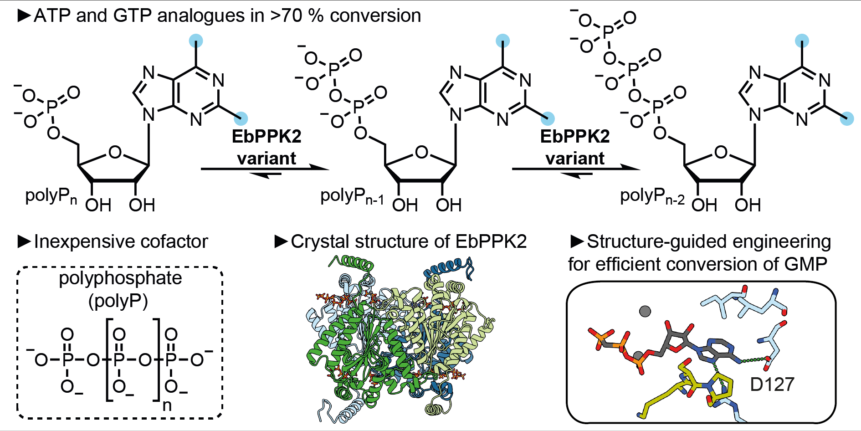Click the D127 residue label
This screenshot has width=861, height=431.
tap(772, 385)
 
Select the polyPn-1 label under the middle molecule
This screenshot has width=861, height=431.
tap(352, 196)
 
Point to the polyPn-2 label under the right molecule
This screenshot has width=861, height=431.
tap(652, 196)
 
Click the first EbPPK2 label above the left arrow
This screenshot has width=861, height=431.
tap(266, 136)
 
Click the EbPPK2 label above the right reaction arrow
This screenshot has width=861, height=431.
tap(574, 136)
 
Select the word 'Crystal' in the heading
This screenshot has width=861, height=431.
tap(315, 241)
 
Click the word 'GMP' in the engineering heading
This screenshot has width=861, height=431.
tap(805, 264)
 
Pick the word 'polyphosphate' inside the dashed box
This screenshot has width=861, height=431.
tap(120, 278)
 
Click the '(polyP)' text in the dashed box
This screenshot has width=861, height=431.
tap(118, 301)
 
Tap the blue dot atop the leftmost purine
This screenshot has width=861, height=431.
tap(196, 41)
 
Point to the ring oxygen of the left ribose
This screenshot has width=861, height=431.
tap(115, 152)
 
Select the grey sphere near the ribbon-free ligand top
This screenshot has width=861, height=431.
tap(645, 311)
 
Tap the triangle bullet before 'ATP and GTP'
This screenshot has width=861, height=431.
tap(24, 15)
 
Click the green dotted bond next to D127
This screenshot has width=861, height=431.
tap(752, 360)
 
